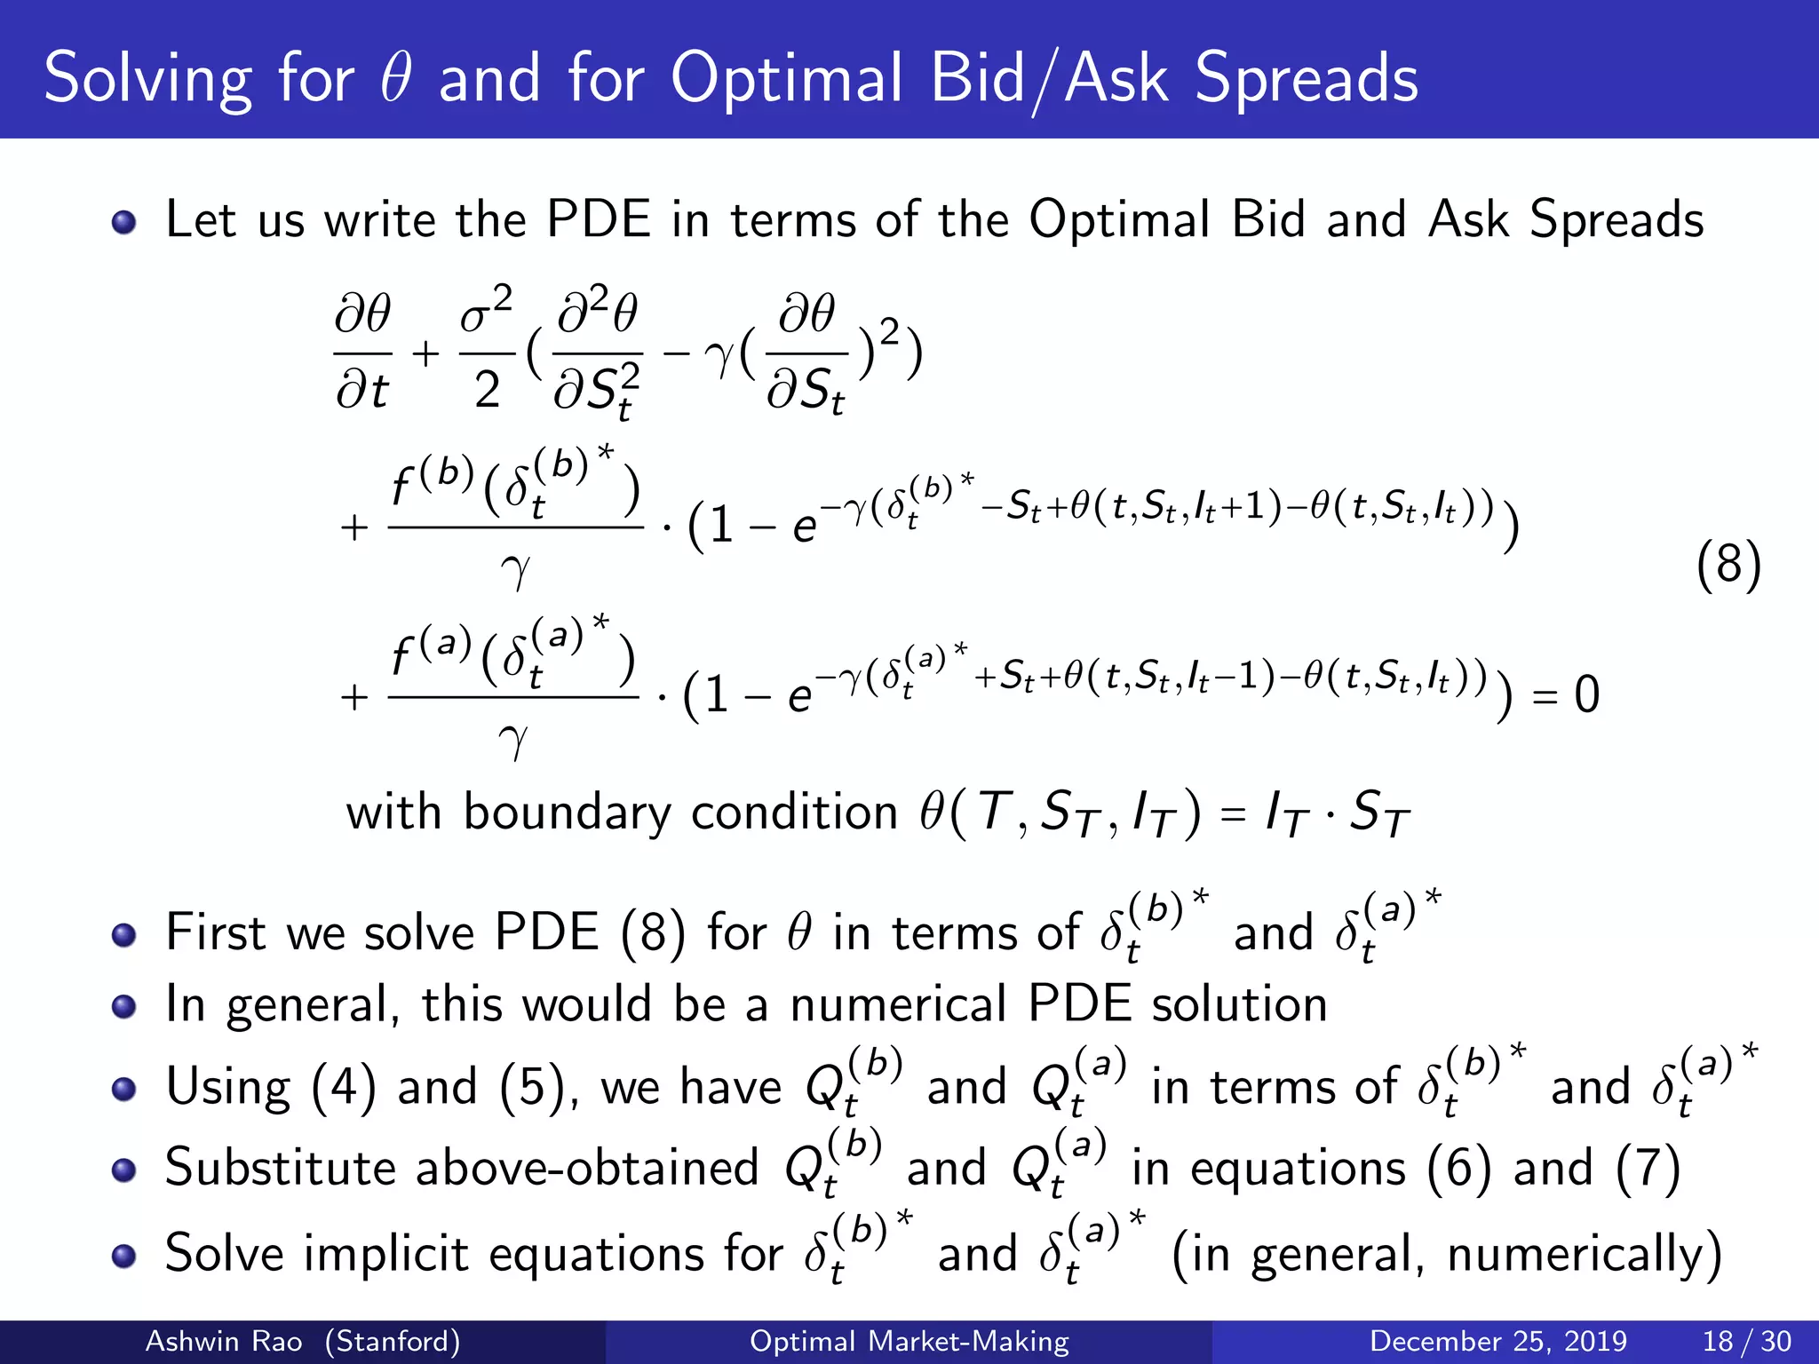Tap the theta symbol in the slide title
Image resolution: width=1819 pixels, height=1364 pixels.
(x=395, y=78)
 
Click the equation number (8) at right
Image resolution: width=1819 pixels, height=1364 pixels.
(x=1728, y=565)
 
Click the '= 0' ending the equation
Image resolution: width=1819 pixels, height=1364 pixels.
(x=1567, y=694)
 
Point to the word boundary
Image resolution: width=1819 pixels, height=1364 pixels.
(x=567, y=813)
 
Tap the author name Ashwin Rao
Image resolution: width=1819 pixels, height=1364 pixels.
(x=223, y=1341)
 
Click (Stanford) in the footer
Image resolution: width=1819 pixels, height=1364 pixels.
(x=393, y=1341)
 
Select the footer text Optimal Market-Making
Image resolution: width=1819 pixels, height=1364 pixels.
(x=909, y=1341)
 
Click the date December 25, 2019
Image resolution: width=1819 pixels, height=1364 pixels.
(x=1497, y=1341)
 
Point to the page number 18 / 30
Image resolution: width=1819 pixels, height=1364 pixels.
(x=1746, y=1341)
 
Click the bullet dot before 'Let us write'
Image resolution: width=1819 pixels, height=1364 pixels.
(x=124, y=222)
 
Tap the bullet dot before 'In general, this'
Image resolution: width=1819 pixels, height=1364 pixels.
(x=124, y=1007)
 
